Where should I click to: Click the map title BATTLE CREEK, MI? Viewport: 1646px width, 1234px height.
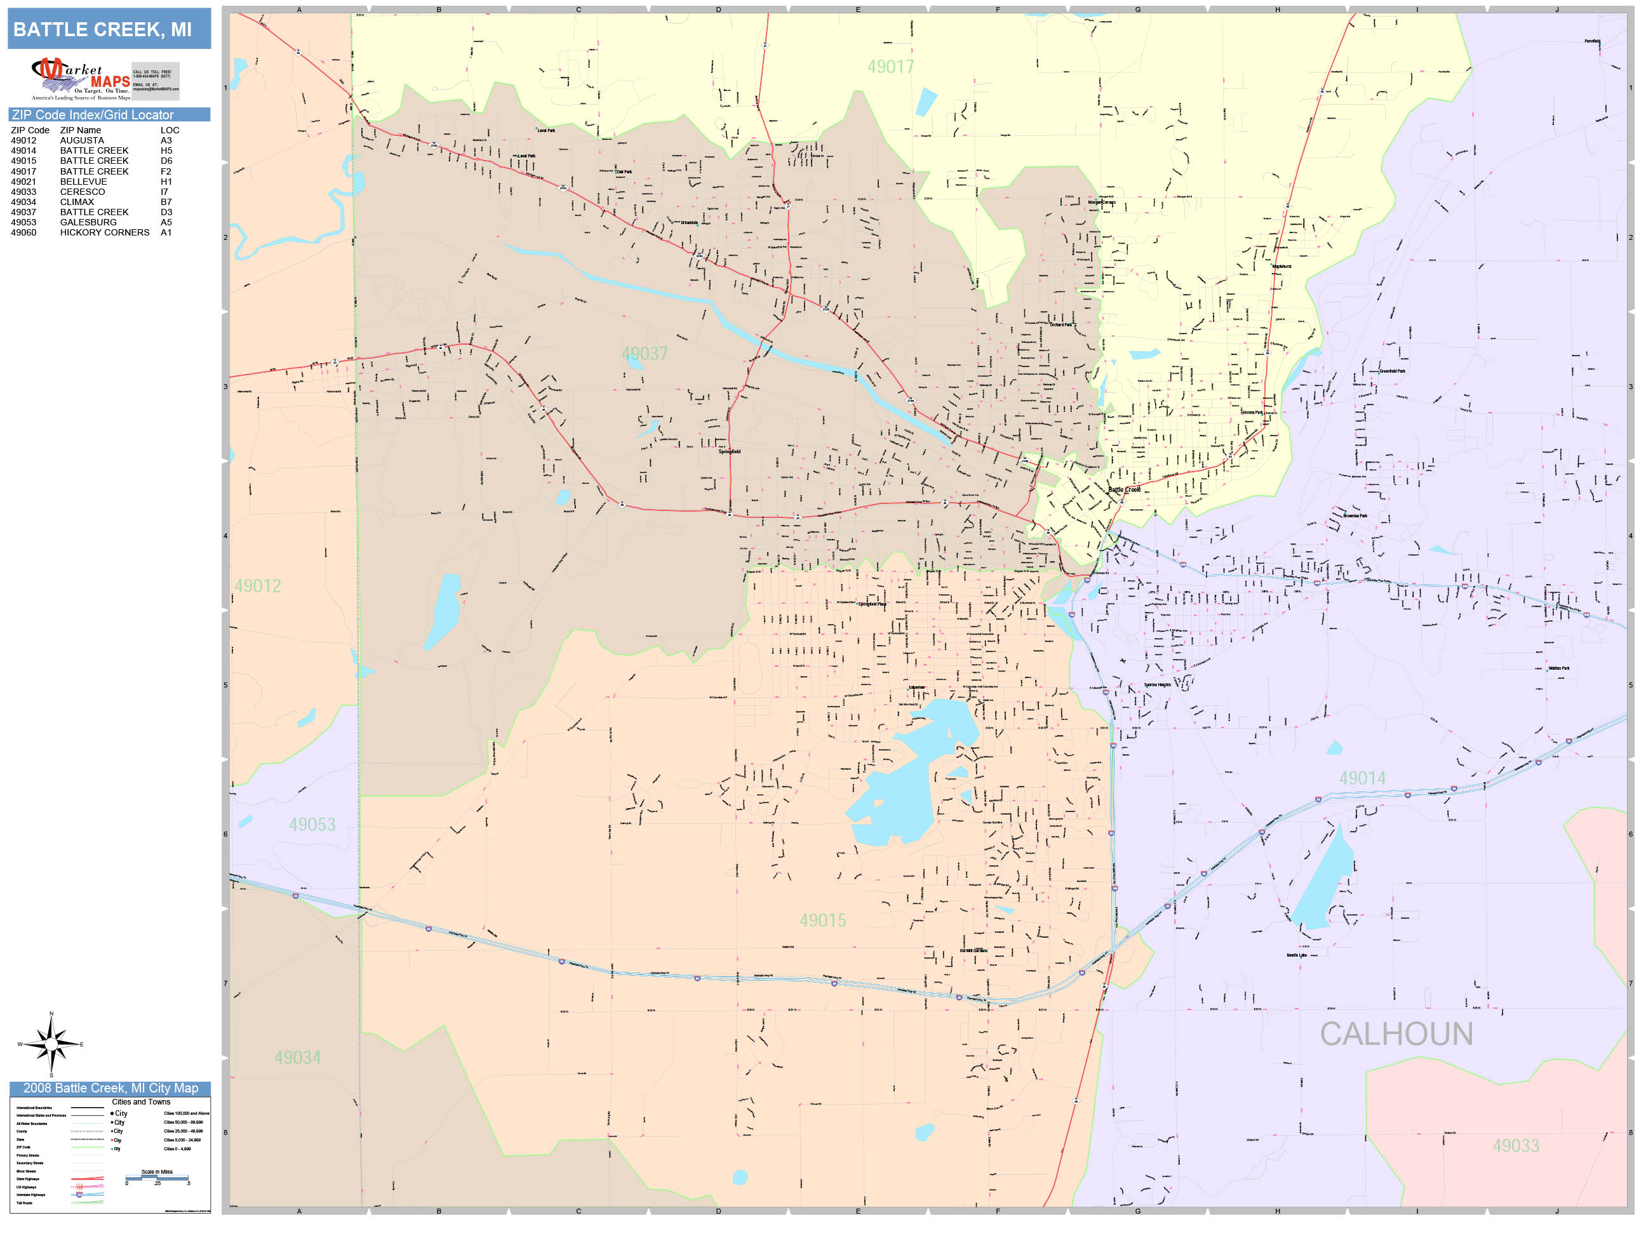[102, 30]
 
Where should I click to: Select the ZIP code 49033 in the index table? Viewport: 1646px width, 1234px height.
[23, 192]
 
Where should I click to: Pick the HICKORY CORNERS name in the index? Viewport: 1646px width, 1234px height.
[104, 233]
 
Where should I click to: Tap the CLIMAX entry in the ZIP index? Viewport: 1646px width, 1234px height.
[77, 202]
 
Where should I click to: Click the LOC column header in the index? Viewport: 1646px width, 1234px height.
[170, 130]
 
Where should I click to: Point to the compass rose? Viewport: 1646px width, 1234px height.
[51, 1045]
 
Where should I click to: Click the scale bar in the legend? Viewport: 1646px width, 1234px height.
[157, 1178]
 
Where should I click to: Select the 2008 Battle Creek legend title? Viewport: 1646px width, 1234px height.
[110, 1088]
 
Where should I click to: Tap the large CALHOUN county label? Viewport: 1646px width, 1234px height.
[1396, 1035]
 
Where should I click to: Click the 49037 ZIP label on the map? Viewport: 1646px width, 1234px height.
[645, 354]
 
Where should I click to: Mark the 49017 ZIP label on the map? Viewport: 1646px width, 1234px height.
[890, 67]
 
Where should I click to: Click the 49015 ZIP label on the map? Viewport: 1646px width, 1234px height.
[822, 921]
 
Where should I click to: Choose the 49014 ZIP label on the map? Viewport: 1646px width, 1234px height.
[1362, 779]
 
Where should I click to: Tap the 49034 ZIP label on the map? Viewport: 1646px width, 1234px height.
[297, 1058]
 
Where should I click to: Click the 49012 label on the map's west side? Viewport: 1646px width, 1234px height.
[257, 586]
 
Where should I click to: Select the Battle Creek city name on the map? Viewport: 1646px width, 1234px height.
[1123, 490]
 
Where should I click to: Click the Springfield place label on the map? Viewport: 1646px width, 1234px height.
[729, 451]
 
